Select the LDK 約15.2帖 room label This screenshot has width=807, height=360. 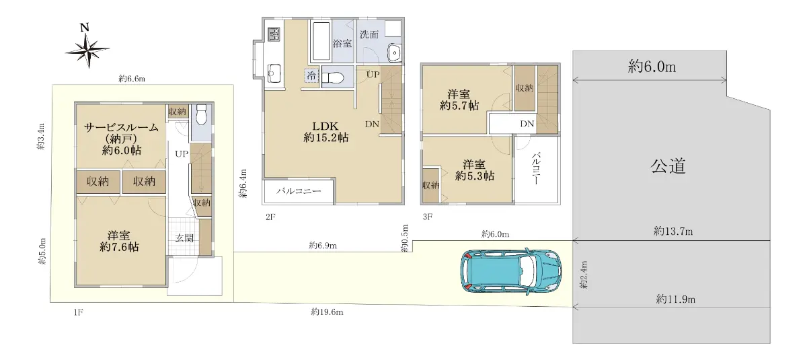coord(325,131)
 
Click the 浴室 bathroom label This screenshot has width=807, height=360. coord(342,43)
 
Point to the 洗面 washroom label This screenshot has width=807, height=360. coord(369,34)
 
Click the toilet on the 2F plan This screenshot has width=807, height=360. coord(333,77)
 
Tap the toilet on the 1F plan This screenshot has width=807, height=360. coord(201,114)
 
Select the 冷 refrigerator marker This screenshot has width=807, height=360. coord(311,75)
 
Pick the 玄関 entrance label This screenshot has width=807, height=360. coord(184,238)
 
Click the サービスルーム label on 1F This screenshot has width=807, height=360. coord(121,127)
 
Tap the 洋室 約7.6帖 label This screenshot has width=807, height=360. coord(119,241)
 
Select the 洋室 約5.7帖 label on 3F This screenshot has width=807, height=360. coord(459,100)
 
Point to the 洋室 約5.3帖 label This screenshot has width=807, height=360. coord(475,170)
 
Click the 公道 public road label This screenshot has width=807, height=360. coord(668,166)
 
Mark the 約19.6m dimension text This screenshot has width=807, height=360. coord(327,312)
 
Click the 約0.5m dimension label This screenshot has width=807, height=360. coord(405,238)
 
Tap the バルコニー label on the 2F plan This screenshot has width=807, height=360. coord(299,191)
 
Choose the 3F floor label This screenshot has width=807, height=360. coord(428,217)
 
